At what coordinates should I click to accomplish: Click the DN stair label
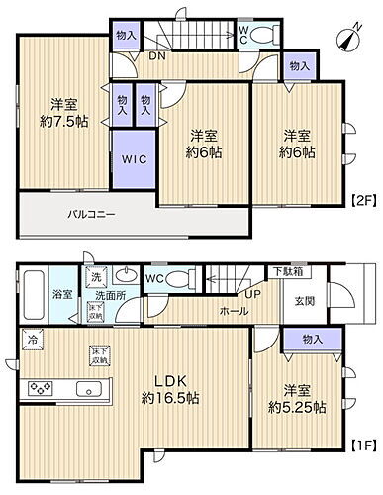156,56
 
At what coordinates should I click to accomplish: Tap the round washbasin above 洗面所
126,276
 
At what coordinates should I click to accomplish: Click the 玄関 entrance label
303,300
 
